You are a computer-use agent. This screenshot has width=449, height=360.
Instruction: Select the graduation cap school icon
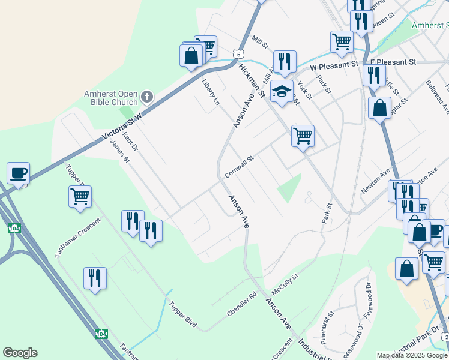[x=282, y=91]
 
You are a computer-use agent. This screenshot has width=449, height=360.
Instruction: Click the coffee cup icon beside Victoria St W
[x=18, y=173]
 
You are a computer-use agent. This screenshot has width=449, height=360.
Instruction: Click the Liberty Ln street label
[x=211, y=92]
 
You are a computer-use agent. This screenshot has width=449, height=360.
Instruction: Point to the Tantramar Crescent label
[x=79, y=237]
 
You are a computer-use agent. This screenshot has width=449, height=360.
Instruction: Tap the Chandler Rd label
[x=241, y=305]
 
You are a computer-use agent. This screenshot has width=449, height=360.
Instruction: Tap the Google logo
[x=20, y=353]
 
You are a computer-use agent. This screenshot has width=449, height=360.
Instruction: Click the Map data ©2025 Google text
[x=412, y=355]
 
